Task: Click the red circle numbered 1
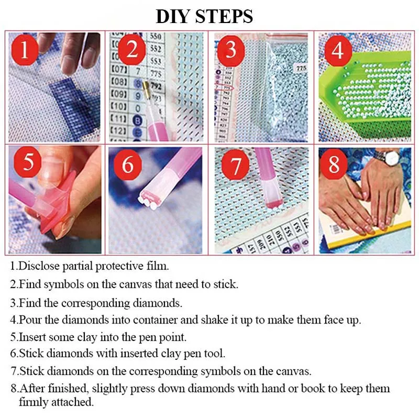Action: [25, 49]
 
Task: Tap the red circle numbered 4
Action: [338, 50]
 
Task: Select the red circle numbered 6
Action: [128, 164]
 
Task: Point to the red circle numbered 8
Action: [334, 164]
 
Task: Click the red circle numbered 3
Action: [231, 50]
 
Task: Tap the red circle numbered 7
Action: [235, 165]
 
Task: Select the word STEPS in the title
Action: [224, 17]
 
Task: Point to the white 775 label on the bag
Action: [301, 68]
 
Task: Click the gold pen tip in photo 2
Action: [146, 86]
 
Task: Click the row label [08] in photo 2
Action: [119, 82]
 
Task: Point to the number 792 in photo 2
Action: [156, 86]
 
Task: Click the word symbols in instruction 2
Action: [64, 284]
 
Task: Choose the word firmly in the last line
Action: [34, 402]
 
